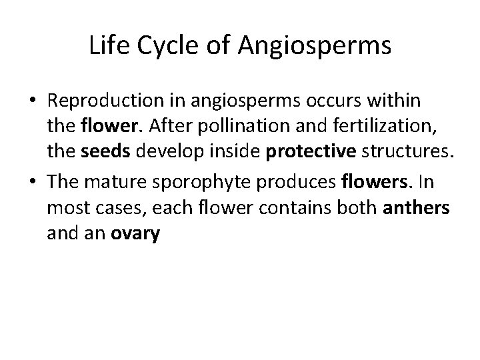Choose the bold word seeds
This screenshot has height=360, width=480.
[x=102, y=153]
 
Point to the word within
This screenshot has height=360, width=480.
[x=397, y=101]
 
